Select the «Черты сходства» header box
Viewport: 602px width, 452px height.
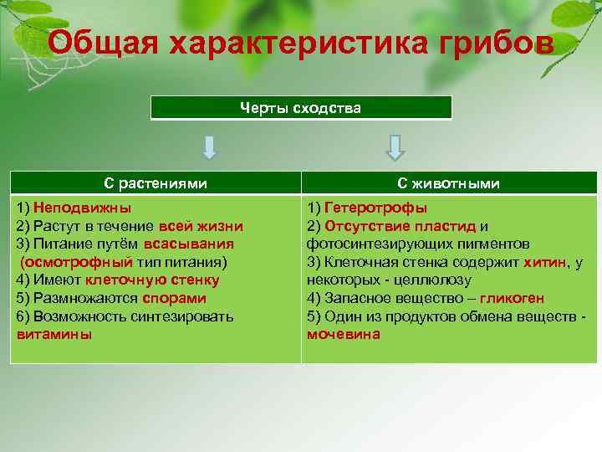pyautogui.click(x=301, y=108)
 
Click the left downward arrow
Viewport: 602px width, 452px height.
pyautogui.click(x=210, y=147)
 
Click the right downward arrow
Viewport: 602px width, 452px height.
pyautogui.click(x=395, y=147)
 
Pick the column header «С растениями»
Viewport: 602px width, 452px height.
pyautogui.click(x=156, y=183)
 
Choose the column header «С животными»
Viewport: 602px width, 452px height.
pyautogui.click(x=449, y=183)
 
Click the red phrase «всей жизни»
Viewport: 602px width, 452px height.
pyautogui.click(x=201, y=226)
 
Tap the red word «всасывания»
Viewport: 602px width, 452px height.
pyautogui.click(x=189, y=244)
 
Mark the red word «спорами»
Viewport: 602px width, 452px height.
pyautogui.click(x=174, y=298)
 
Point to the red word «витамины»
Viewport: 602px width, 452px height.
pyautogui.click(x=54, y=334)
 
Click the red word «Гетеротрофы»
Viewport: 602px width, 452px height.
pyautogui.click(x=375, y=208)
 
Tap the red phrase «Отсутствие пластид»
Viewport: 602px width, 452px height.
pyautogui.click(x=400, y=226)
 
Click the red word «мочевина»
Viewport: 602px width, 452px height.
pyautogui.click(x=343, y=334)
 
